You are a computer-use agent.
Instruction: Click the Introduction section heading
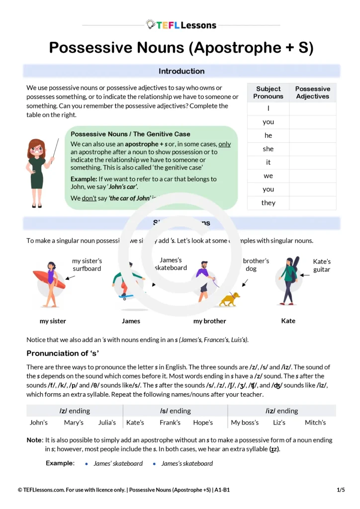tap(181, 71)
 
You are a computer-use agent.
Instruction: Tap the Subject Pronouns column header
tap(268, 92)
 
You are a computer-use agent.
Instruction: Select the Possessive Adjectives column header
tap(312, 92)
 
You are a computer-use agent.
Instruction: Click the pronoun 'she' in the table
tap(268, 149)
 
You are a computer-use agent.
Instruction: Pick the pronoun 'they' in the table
tap(268, 203)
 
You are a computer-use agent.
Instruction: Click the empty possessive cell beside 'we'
tap(312, 176)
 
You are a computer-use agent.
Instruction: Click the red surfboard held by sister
tap(49, 279)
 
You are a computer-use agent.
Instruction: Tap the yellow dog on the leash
tap(229, 299)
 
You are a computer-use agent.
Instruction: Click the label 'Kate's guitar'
tap(322, 265)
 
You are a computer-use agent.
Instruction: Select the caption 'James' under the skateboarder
tap(131, 321)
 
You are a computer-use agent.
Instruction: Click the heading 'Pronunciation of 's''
tap(63, 353)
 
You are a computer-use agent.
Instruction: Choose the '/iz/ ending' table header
tap(281, 411)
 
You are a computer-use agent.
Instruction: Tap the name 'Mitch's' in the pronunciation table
tap(315, 423)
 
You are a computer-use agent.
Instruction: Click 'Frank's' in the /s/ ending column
tap(170, 423)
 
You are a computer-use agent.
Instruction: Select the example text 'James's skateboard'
tap(187, 464)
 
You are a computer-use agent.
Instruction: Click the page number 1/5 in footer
tap(341, 490)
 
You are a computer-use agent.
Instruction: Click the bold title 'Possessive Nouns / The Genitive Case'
tap(130, 134)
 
